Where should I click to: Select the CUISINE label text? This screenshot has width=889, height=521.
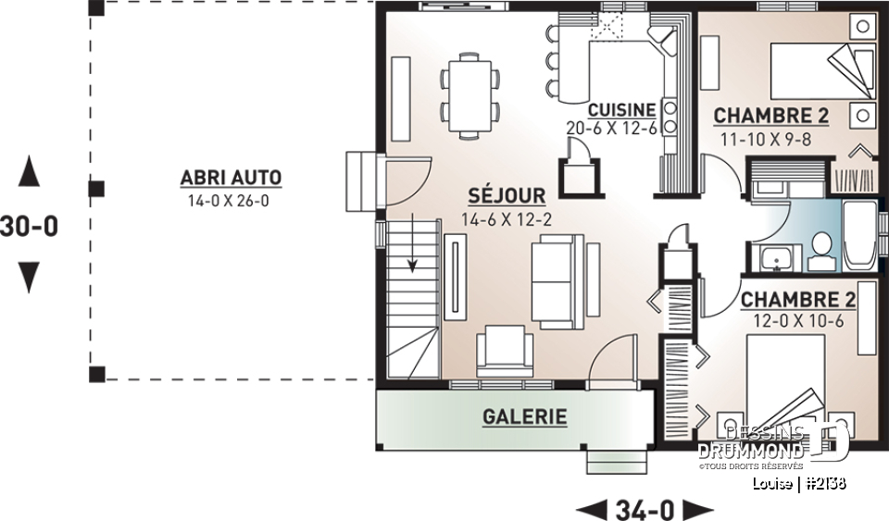pos(621,108)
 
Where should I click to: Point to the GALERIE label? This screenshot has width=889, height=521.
pos(524,416)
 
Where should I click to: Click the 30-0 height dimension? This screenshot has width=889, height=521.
pos(30,226)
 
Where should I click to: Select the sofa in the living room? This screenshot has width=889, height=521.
pos(556,280)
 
